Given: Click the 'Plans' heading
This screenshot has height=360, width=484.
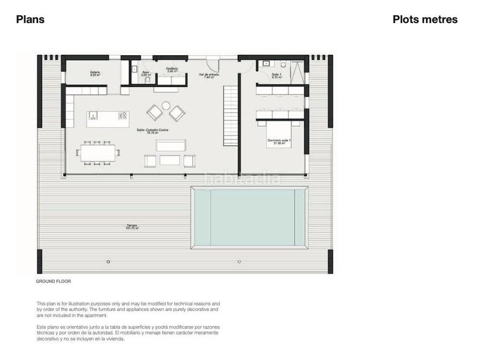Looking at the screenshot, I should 30,19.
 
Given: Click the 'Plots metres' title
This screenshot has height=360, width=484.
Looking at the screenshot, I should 425,19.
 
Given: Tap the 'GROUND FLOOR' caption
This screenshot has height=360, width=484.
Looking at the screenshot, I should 53,282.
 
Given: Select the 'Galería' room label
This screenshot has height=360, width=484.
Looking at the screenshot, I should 95,74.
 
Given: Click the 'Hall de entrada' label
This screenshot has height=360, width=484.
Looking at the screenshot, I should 209,76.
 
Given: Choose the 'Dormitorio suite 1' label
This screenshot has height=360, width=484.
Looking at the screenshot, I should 280,142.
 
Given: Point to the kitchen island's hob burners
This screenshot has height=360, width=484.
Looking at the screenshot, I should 123,115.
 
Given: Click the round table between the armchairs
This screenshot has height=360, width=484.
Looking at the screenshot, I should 166,105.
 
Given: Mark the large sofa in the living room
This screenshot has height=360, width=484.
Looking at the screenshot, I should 171,146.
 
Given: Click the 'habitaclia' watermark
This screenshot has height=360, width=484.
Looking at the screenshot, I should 242,178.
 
